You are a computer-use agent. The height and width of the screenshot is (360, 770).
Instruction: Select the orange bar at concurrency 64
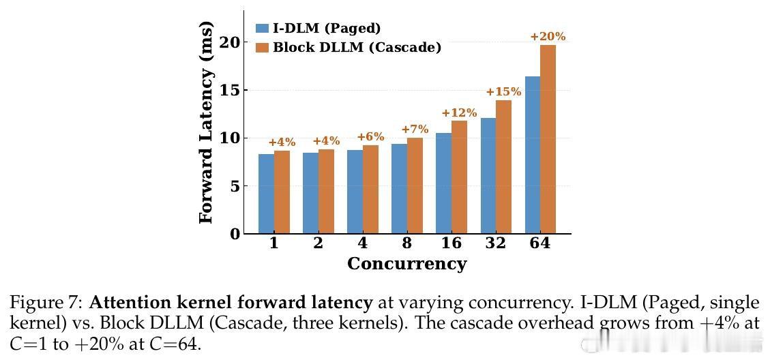coord(548,140)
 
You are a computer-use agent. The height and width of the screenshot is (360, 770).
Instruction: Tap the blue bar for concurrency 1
coord(266,194)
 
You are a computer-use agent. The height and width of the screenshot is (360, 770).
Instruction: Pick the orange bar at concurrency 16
coord(459,177)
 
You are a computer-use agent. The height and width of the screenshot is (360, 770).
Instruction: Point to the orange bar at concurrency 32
coord(503,167)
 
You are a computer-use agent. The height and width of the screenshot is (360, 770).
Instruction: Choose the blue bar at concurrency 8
coord(399,189)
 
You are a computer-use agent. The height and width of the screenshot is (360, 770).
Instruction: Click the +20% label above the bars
coord(548,37)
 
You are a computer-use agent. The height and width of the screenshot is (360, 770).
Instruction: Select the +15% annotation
coord(503,92)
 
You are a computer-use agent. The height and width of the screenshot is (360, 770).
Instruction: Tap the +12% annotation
coord(459,113)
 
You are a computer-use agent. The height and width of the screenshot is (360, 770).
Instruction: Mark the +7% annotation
coord(415,130)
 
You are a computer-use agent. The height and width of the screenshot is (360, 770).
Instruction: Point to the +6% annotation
coord(370,137)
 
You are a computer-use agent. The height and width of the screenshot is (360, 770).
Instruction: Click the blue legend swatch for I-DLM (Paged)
coord(262,29)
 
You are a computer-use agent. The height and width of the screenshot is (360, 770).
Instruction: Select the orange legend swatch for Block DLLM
coord(262,48)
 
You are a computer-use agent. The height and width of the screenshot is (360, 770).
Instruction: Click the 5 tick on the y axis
coord(235,186)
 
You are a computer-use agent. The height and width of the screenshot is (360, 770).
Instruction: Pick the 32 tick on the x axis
coord(495,243)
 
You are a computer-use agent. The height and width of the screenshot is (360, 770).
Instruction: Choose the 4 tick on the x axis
coord(362,243)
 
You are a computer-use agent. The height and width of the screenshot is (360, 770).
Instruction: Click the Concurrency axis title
coord(406,264)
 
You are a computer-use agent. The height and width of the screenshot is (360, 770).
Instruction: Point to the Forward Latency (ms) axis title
coord(206,123)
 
